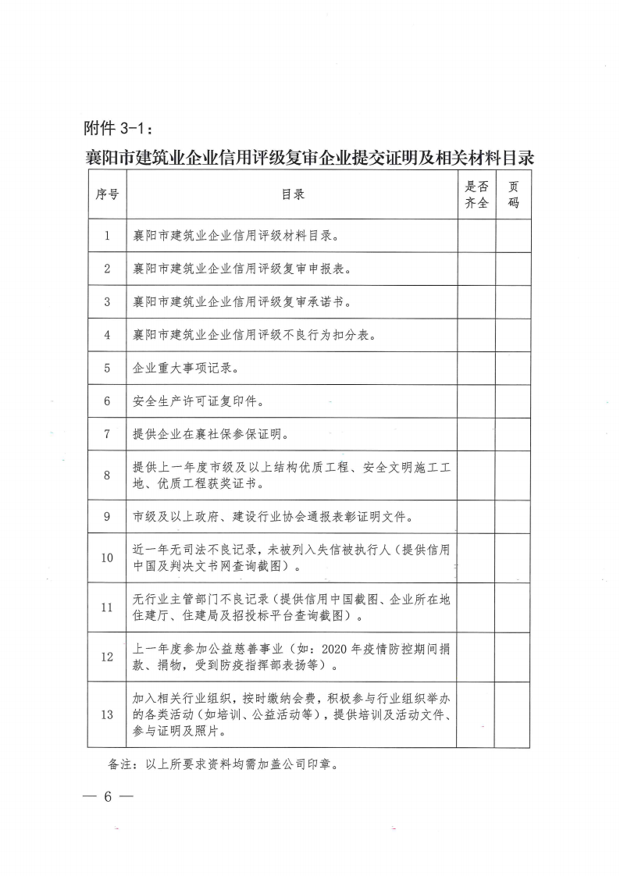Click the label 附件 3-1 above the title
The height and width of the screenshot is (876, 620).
pyautogui.click(x=119, y=127)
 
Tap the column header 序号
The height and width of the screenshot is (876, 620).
pyautogui.click(x=107, y=194)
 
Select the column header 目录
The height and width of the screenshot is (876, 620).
pyautogui.click(x=293, y=194)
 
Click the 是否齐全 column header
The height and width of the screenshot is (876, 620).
pyautogui.click(x=476, y=194)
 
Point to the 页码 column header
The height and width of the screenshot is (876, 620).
pyautogui.click(x=513, y=194)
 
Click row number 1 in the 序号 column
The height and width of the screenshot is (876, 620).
pyautogui.click(x=107, y=235)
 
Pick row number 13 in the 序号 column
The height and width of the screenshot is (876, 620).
pyautogui.click(x=107, y=714)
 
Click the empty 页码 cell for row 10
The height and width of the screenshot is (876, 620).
pyautogui.click(x=513, y=557)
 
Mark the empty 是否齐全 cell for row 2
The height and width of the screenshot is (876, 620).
pyautogui.click(x=476, y=269)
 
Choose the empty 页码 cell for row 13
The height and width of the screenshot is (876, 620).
pyautogui.click(x=513, y=714)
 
